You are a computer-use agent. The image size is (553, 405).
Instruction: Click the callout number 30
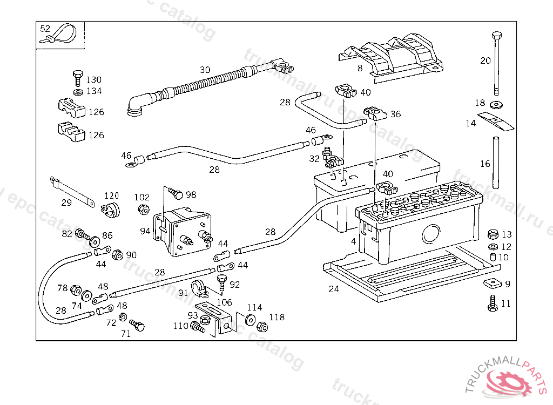tap(205, 70)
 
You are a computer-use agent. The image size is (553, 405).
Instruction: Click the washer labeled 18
tap(496, 103)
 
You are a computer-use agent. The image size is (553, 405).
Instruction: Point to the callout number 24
tap(334, 289)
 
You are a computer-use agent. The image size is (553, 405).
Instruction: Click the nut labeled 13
tap(491, 234)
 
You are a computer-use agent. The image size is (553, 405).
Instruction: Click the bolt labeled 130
tap(78, 77)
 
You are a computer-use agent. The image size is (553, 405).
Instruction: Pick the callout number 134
tap(93, 91)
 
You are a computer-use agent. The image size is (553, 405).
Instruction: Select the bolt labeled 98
tap(174, 192)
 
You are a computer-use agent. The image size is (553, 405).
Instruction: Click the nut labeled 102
tap(143, 209)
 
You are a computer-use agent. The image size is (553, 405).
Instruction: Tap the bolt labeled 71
tap(138, 326)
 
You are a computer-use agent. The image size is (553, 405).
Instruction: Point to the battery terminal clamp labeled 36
tap(374, 113)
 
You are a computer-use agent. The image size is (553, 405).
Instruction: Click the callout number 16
tap(485, 164)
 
